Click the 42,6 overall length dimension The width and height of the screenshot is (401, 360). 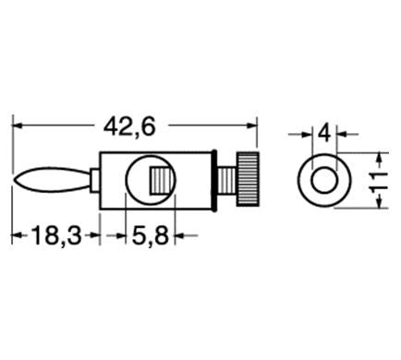(x=129, y=127)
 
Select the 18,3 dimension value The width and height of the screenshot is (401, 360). (x=56, y=235)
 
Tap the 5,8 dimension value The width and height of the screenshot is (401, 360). (x=151, y=235)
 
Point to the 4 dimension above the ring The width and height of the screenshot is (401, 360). (x=324, y=134)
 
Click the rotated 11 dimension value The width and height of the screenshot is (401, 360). (x=379, y=182)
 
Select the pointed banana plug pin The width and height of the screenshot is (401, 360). (x=53, y=180)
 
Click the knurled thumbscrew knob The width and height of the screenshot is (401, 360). (x=248, y=179)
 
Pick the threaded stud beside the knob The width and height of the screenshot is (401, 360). (x=227, y=180)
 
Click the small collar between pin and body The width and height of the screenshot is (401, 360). (x=95, y=180)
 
